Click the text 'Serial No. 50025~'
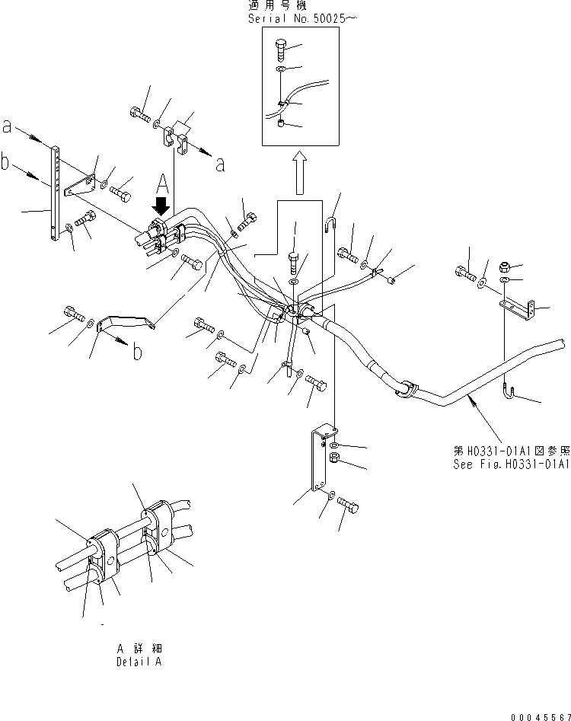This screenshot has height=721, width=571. tap(298, 18)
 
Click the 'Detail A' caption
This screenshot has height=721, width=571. tap(139, 662)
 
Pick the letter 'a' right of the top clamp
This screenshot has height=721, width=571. tap(220, 164)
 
